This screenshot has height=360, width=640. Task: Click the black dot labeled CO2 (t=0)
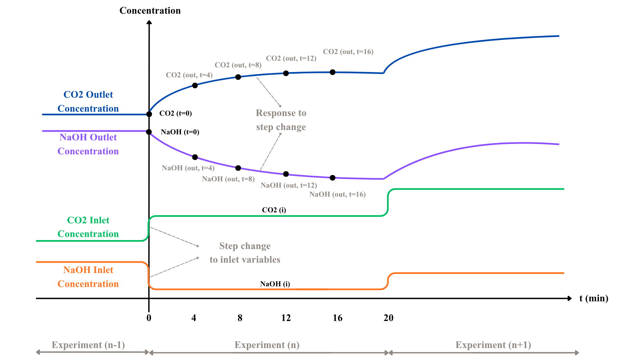(149, 114)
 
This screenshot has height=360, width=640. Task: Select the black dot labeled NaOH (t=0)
(149, 132)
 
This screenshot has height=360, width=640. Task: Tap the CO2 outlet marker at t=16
(332, 72)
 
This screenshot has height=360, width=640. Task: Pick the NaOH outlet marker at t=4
(195, 157)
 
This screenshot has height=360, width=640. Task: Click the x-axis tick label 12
(286, 318)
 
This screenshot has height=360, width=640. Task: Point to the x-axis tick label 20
(388, 318)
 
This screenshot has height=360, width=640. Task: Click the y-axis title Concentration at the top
(150, 11)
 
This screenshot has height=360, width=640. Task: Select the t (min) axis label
(594, 298)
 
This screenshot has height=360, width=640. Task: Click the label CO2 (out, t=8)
(238, 65)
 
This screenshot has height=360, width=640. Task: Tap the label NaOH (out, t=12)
(289, 185)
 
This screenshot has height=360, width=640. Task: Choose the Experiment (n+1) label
(493, 345)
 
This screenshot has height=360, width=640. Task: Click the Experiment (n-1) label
(88, 345)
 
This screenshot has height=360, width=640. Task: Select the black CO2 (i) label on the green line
(274, 210)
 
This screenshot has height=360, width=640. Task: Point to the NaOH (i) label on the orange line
(275, 284)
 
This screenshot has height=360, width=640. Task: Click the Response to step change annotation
(281, 120)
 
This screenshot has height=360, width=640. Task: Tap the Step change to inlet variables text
(245, 253)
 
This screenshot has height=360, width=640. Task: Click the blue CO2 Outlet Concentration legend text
(88, 102)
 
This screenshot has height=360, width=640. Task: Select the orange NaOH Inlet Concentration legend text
(88, 277)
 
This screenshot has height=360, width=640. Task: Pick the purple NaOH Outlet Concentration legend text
(88, 144)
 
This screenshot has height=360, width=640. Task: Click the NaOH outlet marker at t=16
(332, 178)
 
